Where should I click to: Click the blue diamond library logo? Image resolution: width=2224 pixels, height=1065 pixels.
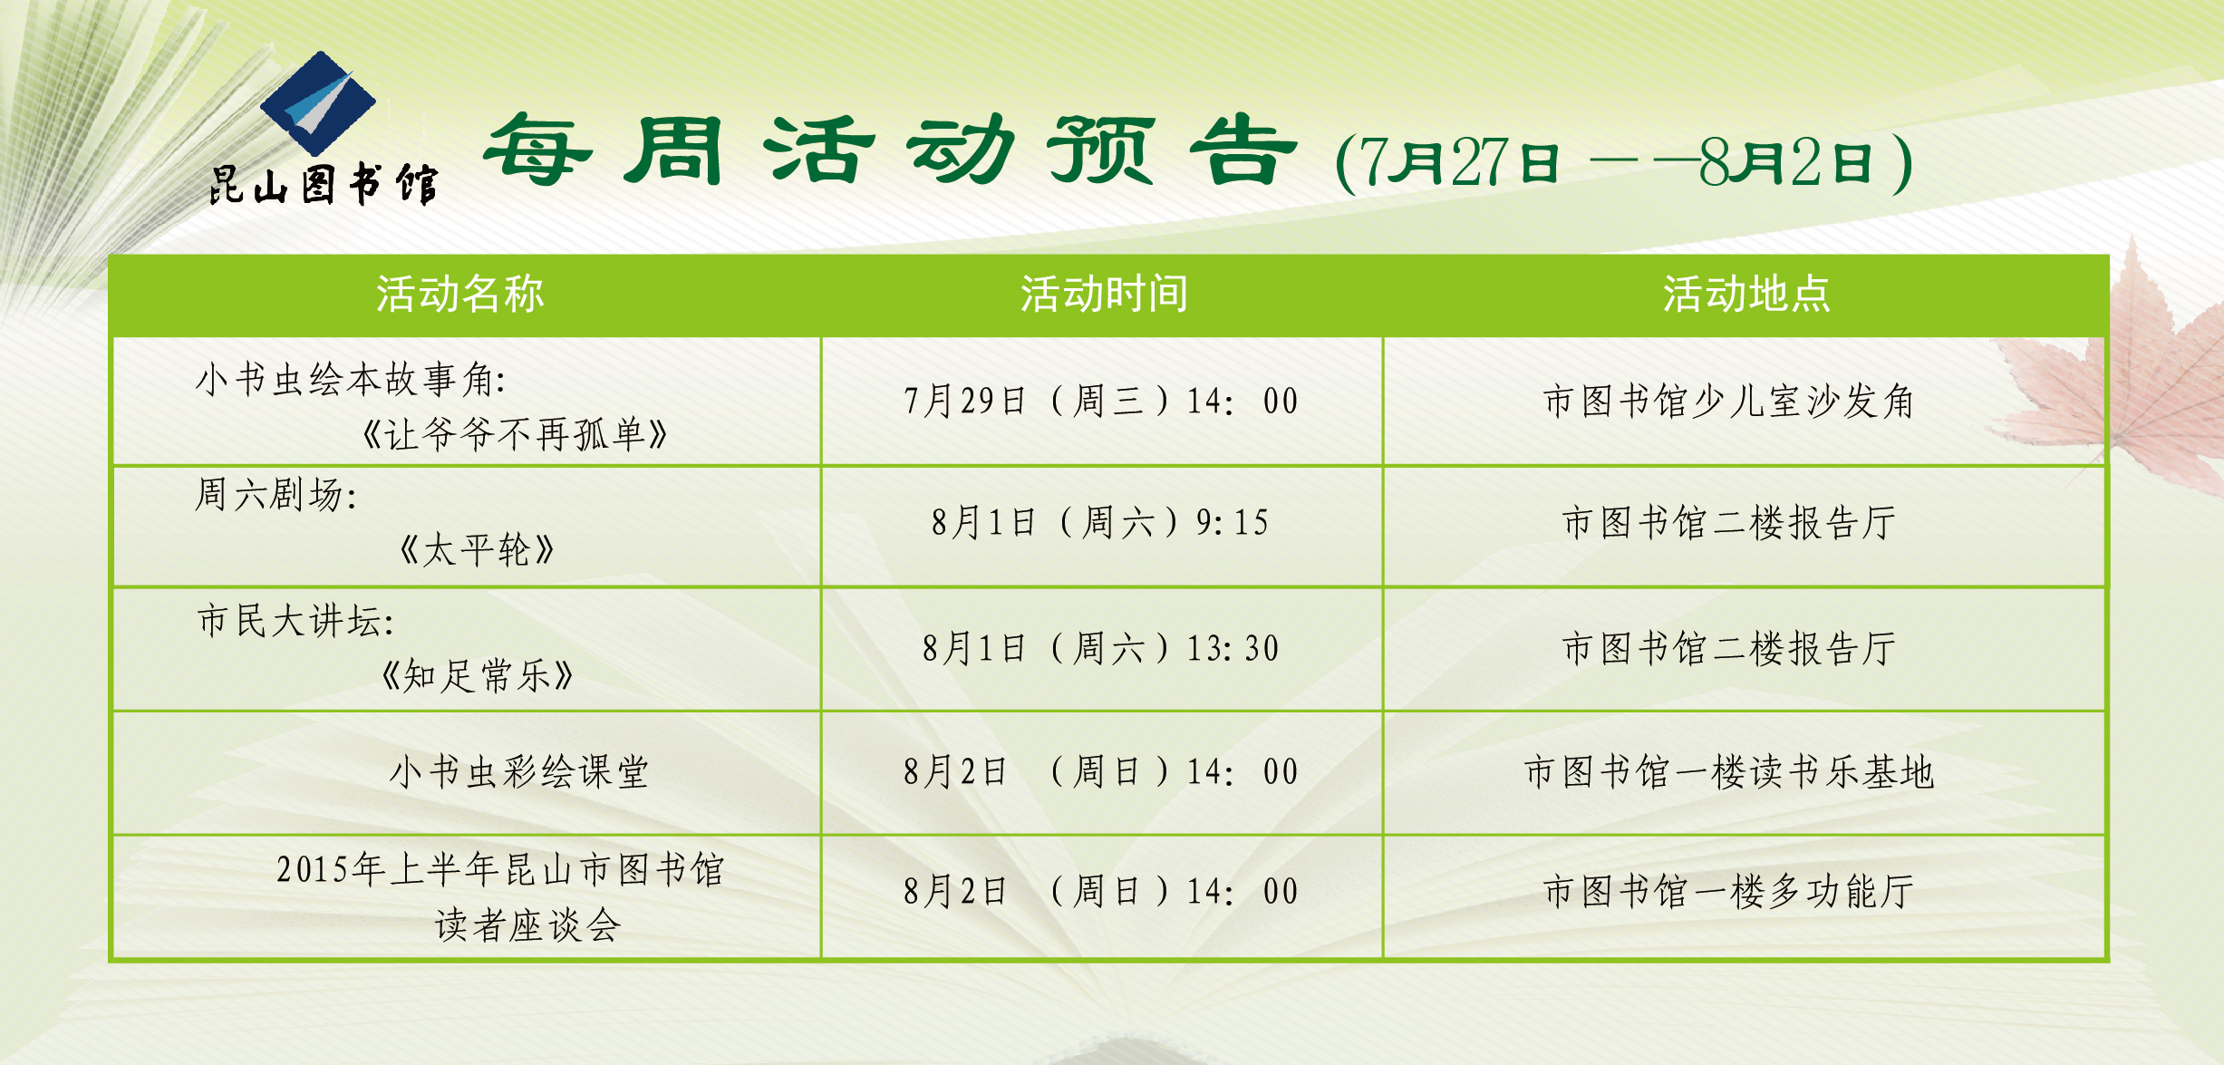(x=318, y=102)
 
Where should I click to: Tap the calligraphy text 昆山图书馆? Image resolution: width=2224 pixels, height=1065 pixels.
(x=324, y=185)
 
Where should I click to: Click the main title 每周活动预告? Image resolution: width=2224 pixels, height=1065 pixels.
(x=890, y=150)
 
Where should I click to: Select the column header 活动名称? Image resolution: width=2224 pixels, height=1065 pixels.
(x=460, y=295)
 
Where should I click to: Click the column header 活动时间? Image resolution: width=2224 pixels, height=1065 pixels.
(x=1104, y=295)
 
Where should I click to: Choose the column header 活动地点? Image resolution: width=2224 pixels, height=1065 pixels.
(x=1746, y=295)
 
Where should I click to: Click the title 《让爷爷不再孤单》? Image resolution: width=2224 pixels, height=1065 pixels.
(x=515, y=434)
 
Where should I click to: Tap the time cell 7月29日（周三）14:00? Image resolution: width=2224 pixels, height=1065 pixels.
(x=1101, y=401)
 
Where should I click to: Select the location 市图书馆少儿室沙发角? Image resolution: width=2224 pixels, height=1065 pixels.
(x=1728, y=401)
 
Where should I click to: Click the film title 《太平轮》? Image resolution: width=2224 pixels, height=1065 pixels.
(x=478, y=549)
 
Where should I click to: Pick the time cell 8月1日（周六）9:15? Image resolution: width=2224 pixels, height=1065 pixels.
(x=1100, y=522)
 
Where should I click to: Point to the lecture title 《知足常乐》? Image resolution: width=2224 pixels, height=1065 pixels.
(x=478, y=675)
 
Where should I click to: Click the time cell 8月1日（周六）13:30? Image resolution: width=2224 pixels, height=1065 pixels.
(x=1100, y=648)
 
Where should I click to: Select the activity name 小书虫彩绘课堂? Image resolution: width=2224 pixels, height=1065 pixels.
(x=519, y=772)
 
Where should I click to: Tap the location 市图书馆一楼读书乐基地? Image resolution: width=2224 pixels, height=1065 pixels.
(x=1729, y=772)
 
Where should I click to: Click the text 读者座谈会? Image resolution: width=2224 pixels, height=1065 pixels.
(x=528, y=925)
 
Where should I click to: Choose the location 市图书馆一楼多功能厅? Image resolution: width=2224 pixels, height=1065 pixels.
(x=1728, y=891)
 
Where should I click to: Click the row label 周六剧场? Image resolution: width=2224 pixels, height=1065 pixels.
(x=276, y=495)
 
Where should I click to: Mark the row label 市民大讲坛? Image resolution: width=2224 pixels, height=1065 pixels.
(x=295, y=621)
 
